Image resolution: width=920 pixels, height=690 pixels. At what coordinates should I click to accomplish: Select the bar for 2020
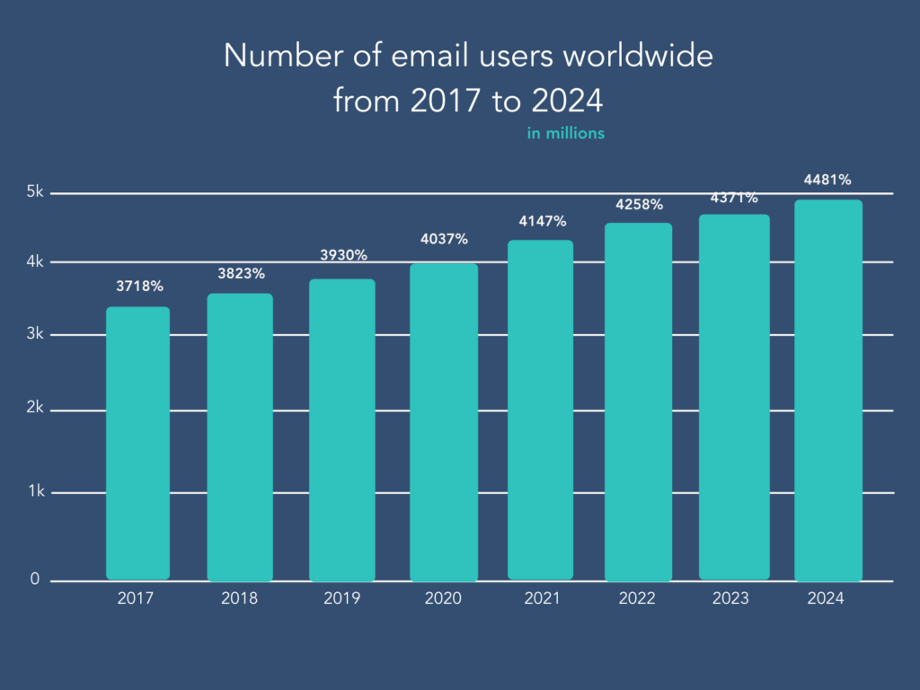point(444,421)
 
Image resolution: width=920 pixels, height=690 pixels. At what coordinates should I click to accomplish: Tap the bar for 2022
point(638,402)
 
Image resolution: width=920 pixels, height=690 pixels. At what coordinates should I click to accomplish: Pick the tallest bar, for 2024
point(828,390)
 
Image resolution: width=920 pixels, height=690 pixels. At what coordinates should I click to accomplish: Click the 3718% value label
point(139,287)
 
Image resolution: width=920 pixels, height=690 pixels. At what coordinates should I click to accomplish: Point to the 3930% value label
point(344,255)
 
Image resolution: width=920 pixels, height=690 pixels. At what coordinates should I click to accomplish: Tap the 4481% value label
point(827,180)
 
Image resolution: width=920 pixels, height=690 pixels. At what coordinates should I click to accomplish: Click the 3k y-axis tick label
point(34,334)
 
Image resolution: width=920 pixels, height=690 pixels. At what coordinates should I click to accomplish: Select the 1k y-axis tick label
point(34,492)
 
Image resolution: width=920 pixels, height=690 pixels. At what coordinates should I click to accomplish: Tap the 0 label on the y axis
point(35,579)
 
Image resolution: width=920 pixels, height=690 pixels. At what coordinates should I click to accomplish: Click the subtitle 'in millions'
point(565,134)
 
